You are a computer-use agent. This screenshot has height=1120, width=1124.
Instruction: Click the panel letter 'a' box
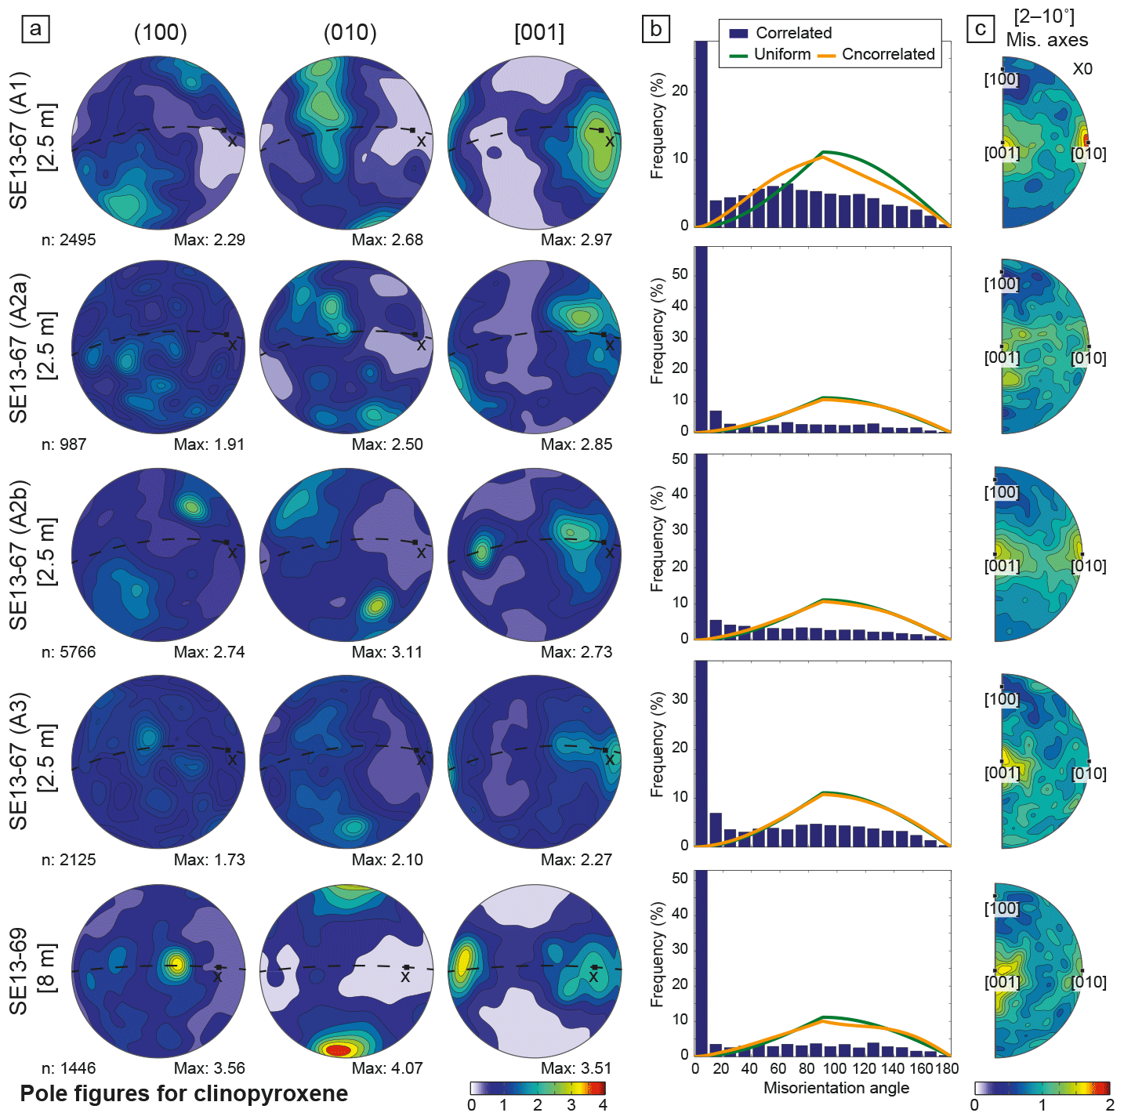[35, 30]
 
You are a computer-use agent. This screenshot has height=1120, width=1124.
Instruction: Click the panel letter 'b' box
[655, 30]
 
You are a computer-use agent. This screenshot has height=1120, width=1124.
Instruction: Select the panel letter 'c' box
[981, 30]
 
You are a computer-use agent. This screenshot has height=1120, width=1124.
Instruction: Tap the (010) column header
[350, 33]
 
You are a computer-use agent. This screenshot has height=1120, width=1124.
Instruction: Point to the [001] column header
[539, 33]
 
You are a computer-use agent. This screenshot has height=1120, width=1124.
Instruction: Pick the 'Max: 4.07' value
[387, 1068]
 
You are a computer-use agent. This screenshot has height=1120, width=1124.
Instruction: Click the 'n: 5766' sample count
[68, 652]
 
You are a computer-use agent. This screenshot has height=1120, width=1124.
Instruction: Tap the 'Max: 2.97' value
[576, 240]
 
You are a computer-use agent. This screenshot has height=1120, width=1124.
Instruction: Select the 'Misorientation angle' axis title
[836, 1088]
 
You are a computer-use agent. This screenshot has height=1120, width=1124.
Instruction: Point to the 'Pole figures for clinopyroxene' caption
[183, 1094]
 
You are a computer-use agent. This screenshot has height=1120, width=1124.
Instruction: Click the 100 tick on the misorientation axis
[835, 1068]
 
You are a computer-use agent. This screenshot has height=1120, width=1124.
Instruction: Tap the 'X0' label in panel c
[1082, 69]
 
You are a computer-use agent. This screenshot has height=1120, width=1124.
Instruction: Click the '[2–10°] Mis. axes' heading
[1046, 29]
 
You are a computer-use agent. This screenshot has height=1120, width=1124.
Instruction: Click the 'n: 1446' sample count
[68, 1068]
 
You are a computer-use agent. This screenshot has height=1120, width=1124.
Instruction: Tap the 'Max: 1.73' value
[209, 860]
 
